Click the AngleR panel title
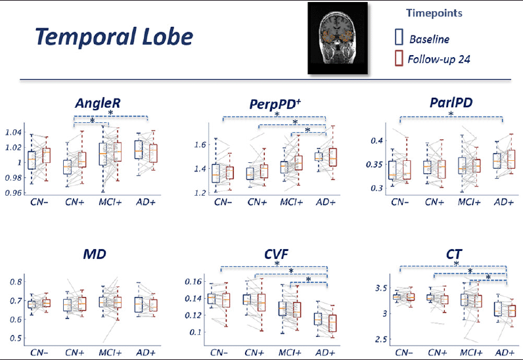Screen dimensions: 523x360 (98, 104)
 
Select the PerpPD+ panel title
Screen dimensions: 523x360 (275, 104)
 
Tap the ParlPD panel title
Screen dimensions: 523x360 (451, 102)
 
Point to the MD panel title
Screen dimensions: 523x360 (95, 254)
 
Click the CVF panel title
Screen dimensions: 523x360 (276, 254)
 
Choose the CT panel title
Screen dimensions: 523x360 (453, 254)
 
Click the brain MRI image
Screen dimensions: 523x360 (338, 38)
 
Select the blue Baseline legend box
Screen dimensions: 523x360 (399, 37)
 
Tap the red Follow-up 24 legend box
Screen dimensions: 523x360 (399, 58)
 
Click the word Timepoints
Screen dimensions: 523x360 (434, 13)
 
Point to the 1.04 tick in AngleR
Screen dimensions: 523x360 (13, 133)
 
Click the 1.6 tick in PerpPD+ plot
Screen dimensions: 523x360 (200, 145)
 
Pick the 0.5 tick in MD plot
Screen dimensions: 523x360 (16, 338)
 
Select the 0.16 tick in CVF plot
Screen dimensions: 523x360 (193, 282)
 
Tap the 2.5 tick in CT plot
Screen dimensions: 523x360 (381, 340)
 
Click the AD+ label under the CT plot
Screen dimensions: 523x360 (505, 353)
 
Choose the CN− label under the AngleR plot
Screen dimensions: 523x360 (39, 202)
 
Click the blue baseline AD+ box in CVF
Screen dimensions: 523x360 (318, 319)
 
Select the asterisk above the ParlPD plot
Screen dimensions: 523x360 (451, 114)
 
